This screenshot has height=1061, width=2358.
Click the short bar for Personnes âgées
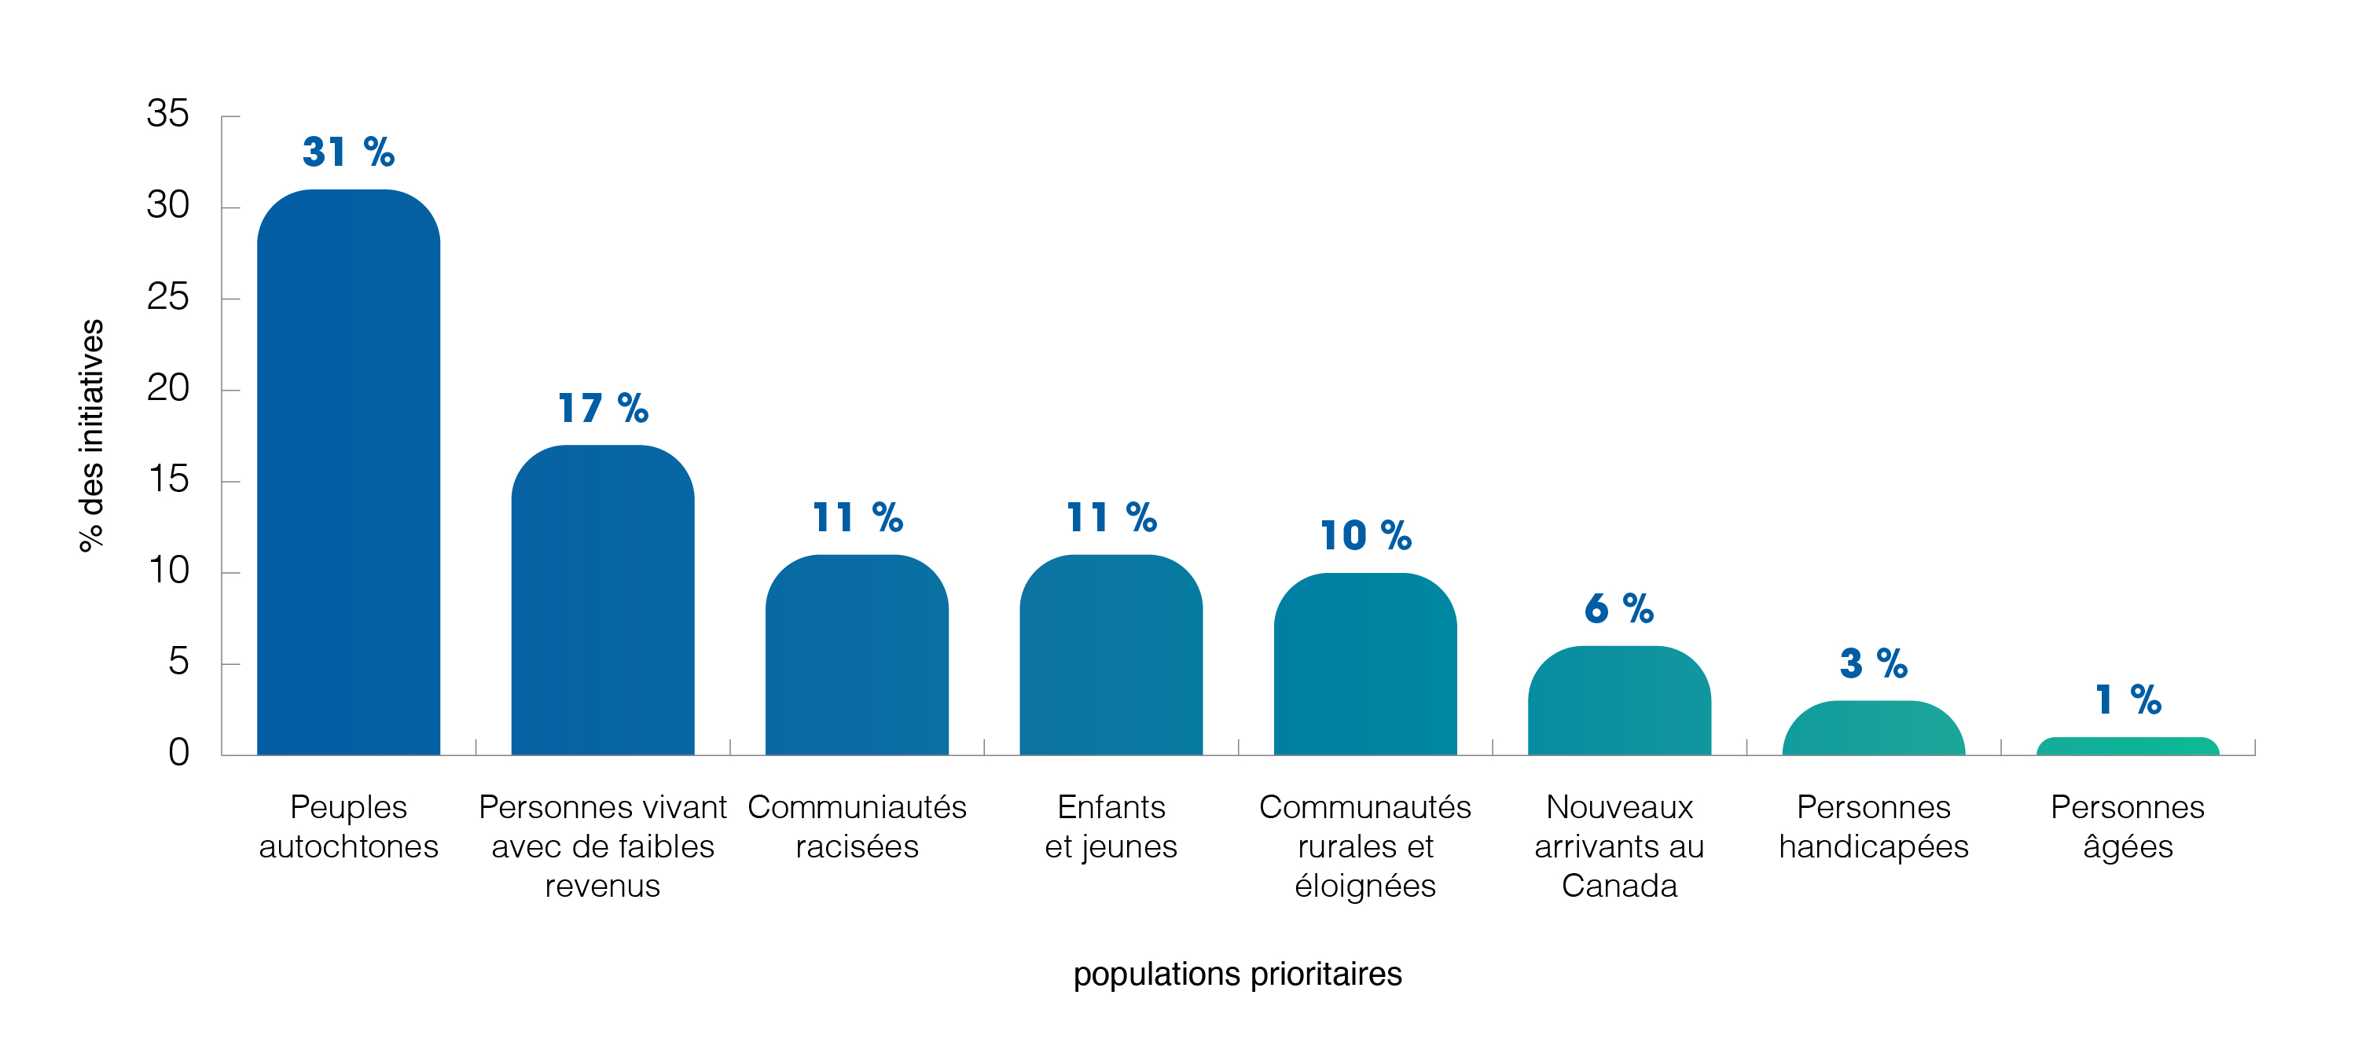2128,746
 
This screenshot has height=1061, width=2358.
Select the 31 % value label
348,152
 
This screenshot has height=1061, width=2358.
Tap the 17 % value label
602,408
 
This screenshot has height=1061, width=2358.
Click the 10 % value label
1364,535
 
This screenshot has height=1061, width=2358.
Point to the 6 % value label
1618,609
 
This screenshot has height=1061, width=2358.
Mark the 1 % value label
2128,700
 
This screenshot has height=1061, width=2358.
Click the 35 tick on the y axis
167,115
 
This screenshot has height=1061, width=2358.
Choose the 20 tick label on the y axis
167,388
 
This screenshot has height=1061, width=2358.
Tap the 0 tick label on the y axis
178,752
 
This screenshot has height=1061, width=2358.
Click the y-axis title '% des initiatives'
91,435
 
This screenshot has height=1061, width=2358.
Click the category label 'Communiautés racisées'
857,827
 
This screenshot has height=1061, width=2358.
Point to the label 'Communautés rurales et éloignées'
1364,846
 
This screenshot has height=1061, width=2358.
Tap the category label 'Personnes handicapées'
1873,827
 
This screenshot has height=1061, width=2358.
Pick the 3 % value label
1873,663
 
